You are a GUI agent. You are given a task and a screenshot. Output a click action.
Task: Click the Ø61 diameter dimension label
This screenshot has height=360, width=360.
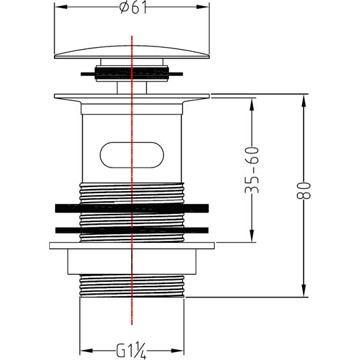point(133,8)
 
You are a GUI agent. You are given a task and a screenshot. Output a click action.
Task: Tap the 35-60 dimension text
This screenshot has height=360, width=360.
point(252,170)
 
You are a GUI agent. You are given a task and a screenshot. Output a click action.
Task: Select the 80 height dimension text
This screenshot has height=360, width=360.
point(303,190)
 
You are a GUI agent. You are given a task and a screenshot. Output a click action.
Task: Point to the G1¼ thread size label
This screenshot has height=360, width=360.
point(131,351)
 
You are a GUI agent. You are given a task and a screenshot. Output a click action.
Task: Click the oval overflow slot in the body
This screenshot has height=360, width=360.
point(132,155)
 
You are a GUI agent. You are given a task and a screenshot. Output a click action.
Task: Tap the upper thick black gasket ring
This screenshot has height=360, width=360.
point(132,208)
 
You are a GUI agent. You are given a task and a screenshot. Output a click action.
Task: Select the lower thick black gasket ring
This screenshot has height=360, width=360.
point(132,230)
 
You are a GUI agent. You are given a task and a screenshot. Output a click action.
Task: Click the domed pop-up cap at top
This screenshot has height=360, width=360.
point(132,52)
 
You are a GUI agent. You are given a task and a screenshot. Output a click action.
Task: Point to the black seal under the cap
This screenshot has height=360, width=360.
point(132,73)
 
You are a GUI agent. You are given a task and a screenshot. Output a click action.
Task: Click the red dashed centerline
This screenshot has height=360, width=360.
point(132,180)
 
